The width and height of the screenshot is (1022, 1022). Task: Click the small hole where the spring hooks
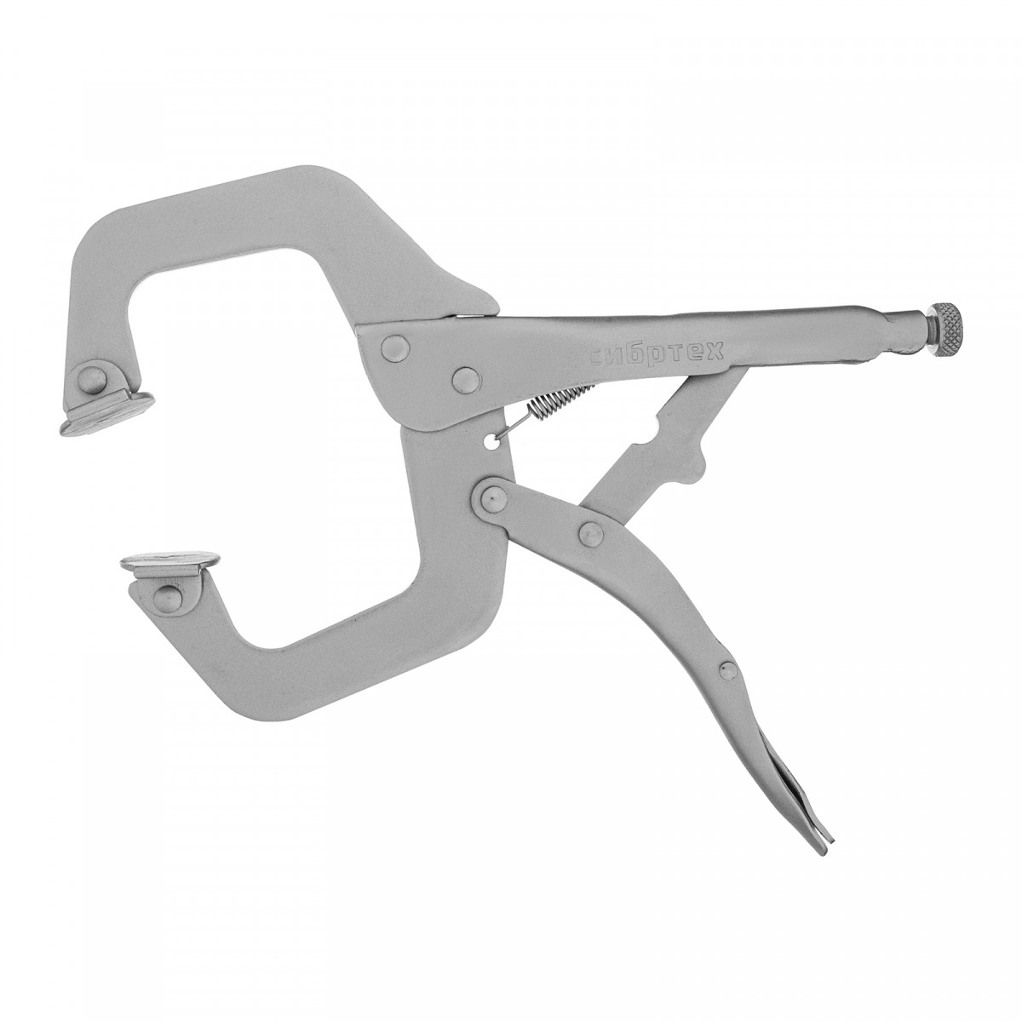click(493, 425)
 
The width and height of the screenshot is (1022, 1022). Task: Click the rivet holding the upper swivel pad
click(94, 380)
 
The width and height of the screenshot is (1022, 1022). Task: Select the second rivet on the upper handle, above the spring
click(467, 379)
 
